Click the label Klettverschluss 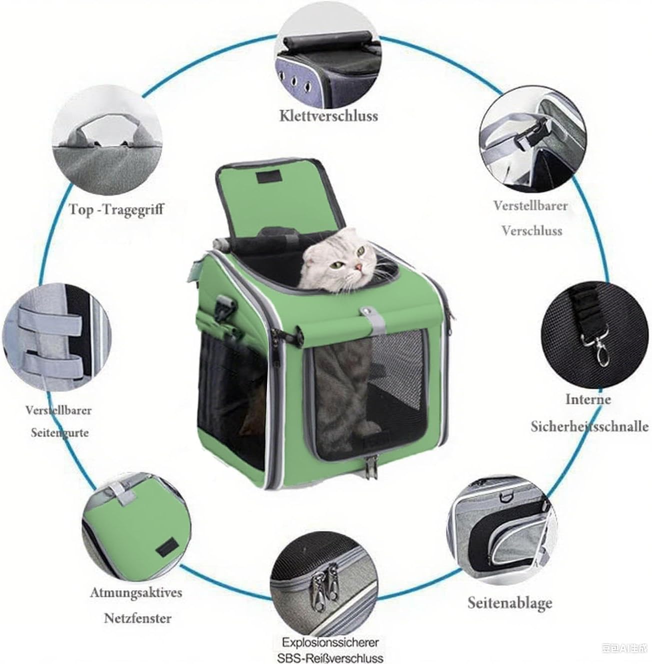coord(328,116)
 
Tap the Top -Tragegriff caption coord(116,209)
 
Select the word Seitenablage coord(510,602)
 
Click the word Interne coord(588,399)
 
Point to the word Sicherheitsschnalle coord(589,426)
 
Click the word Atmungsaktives coord(136,592)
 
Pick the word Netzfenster coord(137,618)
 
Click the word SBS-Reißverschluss coord(330,657)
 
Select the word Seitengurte coord(59,432)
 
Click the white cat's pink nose coord(359,267)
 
